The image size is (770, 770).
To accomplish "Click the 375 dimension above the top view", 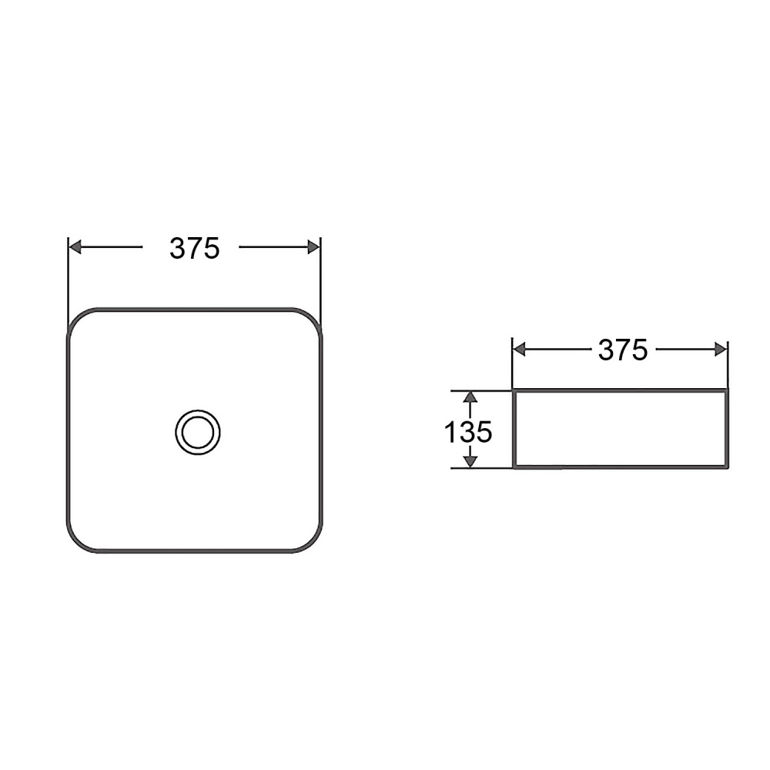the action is (195, 248).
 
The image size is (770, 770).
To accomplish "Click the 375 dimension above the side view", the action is (623, 350).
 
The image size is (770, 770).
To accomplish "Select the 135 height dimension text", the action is (467, 432).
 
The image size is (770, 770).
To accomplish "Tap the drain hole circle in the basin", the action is (197, 432).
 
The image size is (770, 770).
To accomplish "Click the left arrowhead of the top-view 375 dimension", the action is (75, 247).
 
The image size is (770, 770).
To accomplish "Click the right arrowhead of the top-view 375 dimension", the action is (313, 247).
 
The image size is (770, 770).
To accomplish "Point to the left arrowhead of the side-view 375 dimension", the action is (519, 350).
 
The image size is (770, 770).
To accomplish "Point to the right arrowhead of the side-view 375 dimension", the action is (721, 350).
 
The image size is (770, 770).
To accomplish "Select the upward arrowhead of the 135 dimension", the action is (470, 397).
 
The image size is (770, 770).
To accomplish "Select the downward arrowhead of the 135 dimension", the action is (470, 461).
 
